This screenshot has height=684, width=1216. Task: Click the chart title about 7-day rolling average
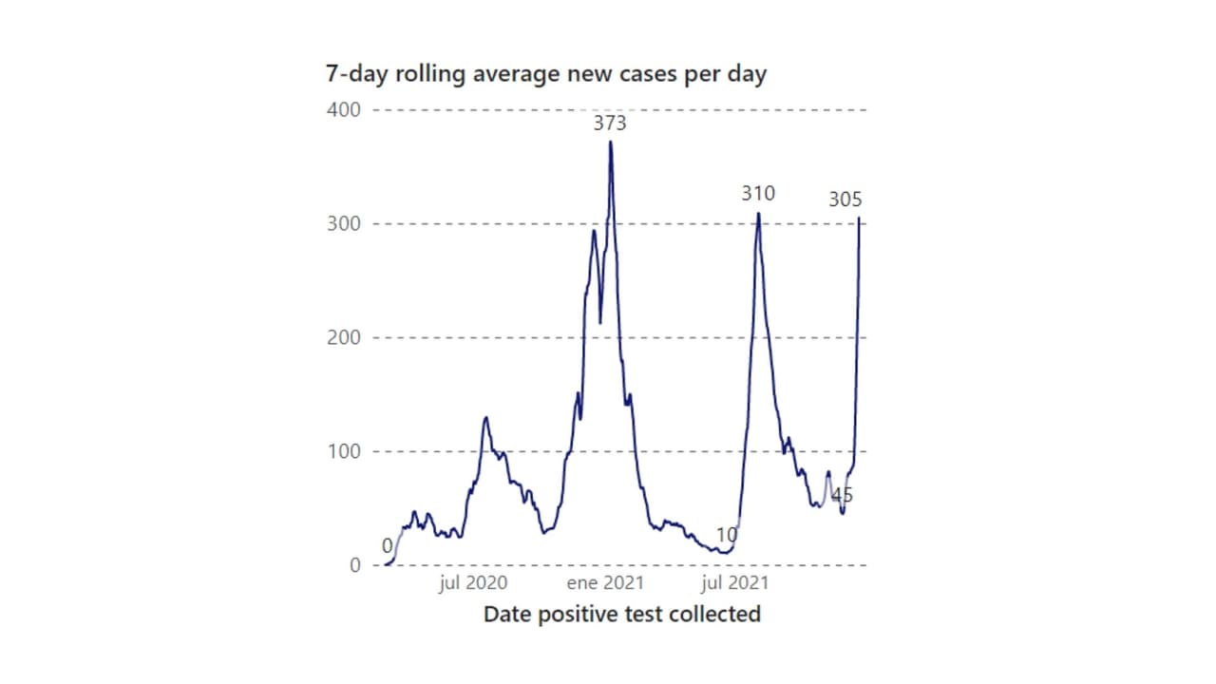545,74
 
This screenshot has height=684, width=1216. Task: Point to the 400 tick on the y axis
344,109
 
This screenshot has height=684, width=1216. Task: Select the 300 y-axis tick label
344,223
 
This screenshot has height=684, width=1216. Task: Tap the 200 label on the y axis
344,337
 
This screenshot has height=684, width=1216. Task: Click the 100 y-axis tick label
344,451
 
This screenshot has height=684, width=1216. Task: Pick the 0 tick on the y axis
354,565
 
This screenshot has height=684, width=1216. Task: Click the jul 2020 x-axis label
473,582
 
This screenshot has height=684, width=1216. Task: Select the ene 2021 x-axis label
604,582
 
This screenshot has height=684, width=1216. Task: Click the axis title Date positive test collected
622,614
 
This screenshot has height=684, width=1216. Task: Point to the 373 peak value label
611,123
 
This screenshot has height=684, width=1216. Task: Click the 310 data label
758,194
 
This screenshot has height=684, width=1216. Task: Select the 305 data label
845,199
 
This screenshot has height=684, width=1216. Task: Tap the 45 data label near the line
842,495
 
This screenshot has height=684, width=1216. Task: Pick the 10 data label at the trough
727,535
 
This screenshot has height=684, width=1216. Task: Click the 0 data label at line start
388,546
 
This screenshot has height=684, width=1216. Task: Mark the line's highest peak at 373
611,142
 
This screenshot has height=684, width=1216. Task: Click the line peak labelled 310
758,213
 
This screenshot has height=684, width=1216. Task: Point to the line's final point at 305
860,218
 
